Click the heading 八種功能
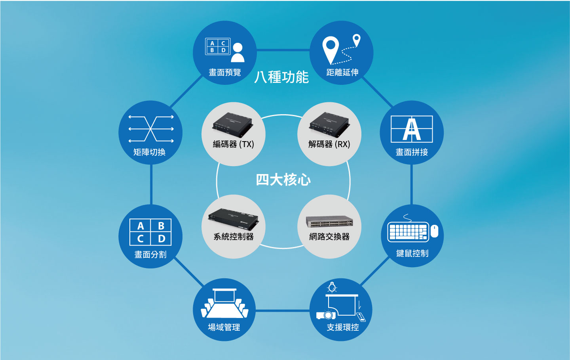click(281, 77)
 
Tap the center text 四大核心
click(283, 180)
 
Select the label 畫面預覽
click(225, 73)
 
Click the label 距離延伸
click(342, 73)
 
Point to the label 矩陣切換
click(149, 152)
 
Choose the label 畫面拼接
click(412, 152)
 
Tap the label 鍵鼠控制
click(412, 253)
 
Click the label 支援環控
click(343, 327)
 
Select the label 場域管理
click(224, 327)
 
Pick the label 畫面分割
click(150, 255)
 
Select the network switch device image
click(329, 222)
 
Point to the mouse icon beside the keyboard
click(434, 231)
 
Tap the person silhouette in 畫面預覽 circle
click(237, 52)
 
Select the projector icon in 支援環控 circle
click(326, 315)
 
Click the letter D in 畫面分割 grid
click(161, 239)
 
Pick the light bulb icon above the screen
click(332, 287)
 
